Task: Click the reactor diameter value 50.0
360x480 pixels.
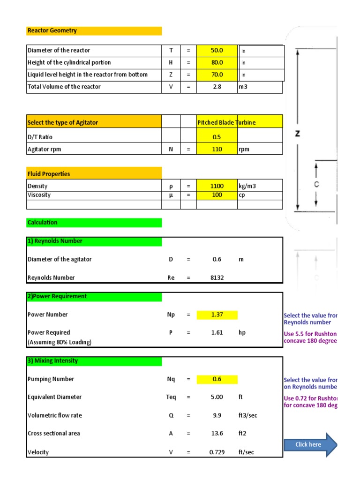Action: tap(217, 51)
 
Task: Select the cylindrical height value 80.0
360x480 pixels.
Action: tap(217, 62)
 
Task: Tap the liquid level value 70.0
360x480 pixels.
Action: tap(217, 75)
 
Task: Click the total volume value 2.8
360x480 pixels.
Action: tap(217, 87)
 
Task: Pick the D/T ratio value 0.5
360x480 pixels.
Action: tap(217, 137)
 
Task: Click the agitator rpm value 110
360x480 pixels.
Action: tap(217, 149)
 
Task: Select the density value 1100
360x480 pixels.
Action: tap(217, 186)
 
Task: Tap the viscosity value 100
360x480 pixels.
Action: tap(217, 195)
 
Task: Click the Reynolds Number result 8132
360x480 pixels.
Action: tap(217, 277)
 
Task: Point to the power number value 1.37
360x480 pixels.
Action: tap(217, 315)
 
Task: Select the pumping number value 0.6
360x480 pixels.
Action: tap(217, 379)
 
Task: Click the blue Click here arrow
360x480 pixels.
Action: tap(310, 444)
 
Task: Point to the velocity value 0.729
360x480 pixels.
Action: tap(217, 452)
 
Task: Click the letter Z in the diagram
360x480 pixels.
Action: tap(297, 134)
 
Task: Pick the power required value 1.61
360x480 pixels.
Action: tap(217, 333)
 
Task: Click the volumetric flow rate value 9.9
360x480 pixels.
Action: tap(217, 415)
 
